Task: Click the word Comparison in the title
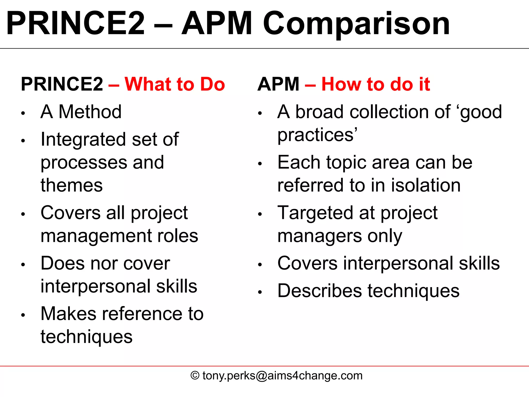click(x=356, y=24)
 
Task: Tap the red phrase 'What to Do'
click(x=175, y=84)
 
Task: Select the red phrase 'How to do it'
click(x=376, y=84)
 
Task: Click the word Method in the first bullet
click(x=90, y=112)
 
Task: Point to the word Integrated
click(x=83, y=140)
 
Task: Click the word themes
click(x=72, y=185)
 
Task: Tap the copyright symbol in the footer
click(x=195, y=376)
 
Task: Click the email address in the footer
click(x=283, y=376)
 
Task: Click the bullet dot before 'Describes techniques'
click(x=260, y=292)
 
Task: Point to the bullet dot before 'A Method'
click(x=23, y=113)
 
